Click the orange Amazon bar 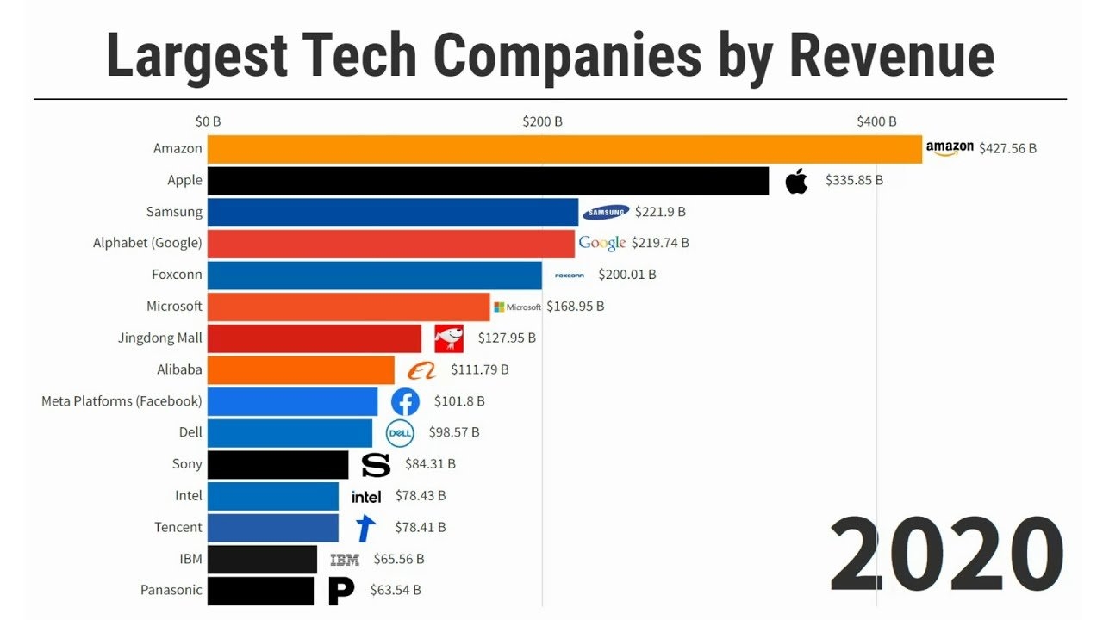pyautogui.click(x=564, y=149)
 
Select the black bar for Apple pyautogui.click(x=488, y=181)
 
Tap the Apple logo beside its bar pyautogui.click(x=797, y=181)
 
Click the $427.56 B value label pyautogui.click(x=1007, y=148)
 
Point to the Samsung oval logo pyautogui.click(x=607, y=213)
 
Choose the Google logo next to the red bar pyautogui.click(x=601, y=244)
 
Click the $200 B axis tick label pyautogui.click(x=542, y=121)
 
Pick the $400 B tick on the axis pyautogui.click(x=876, y=121)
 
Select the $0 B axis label pyautogui.click(x=208, y=121)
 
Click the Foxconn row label pyautogui.click(x=177, y=275)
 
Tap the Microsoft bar pyautogui.click(x=348, y=307)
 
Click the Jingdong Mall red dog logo pyautogui.click(x=449, y=338)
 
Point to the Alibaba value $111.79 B pyautogui.click(x=479, y=369)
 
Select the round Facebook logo pyautogui.click(x=405, y=401)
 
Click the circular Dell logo pyautogui.click(x=400, y=433)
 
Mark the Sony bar pyautogui.click(x=277, y=464)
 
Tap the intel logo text pyautogui.click(x=366, y=496)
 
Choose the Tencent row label pyautogui.click(x=178, y=527)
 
